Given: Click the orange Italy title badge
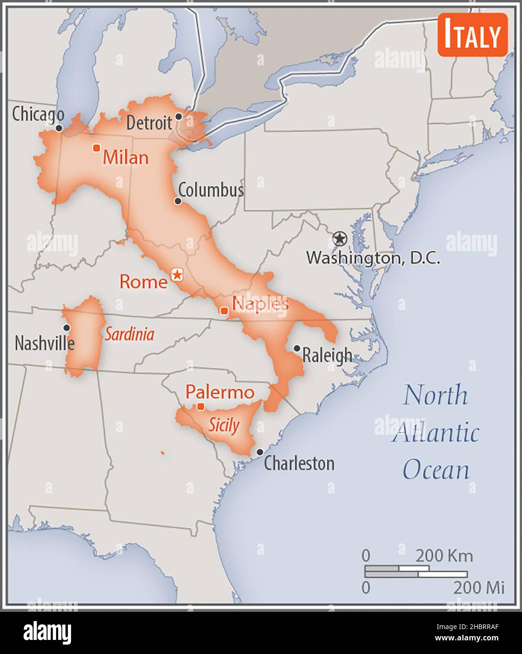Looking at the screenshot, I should point(472,35).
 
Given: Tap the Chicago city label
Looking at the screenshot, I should point(38,114).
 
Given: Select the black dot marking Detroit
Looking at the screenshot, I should point(178,116).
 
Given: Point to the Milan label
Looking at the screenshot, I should point(126,157).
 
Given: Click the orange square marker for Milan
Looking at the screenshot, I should point(96,148).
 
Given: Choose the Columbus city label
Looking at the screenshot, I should point(211,190).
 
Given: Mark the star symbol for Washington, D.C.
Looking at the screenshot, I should point(339,239).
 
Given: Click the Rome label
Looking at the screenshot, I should point(143,282).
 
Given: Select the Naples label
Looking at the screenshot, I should point(260,303).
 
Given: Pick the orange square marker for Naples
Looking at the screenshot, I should point(225,311).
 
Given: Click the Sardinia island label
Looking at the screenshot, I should point(129,334).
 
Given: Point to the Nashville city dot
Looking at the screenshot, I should point(67,327).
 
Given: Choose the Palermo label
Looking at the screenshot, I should point(220,392).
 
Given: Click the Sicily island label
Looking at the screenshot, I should point(224,425).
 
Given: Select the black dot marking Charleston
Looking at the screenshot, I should point(260,452).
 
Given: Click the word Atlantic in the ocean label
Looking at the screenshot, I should point(435,433).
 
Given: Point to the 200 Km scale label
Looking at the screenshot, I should point(443,556).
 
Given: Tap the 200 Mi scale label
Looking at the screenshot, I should point(479,588).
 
